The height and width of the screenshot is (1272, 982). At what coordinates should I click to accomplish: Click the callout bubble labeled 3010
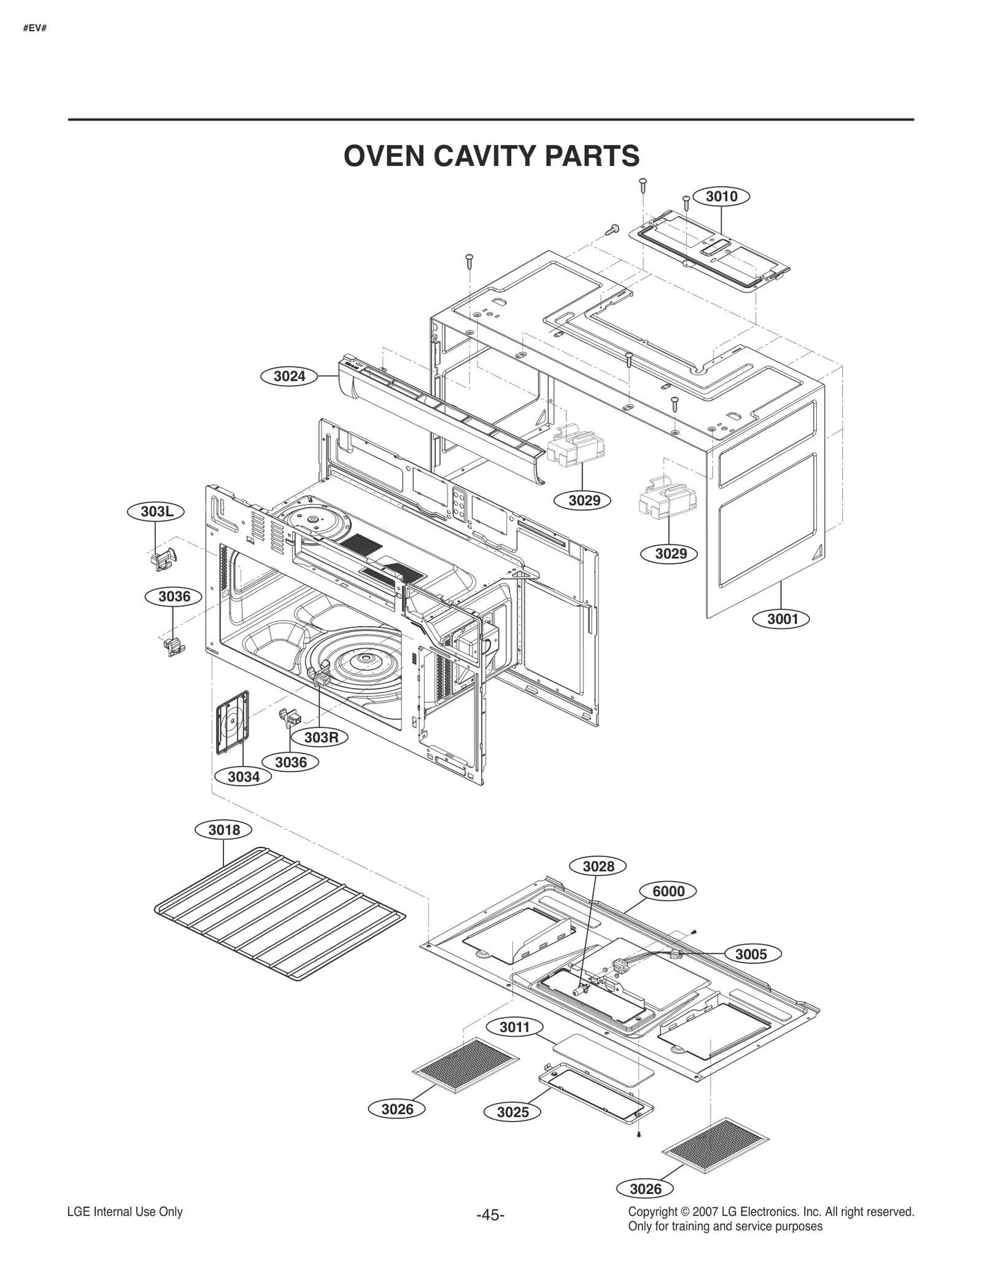721,197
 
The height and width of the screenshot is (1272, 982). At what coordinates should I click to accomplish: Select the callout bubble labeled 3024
289,376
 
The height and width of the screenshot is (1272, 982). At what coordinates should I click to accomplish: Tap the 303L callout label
155,512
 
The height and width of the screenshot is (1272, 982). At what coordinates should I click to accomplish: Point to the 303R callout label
322,737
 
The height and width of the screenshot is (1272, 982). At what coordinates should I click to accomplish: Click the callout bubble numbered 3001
783,618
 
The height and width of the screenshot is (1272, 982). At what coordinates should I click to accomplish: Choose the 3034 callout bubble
244,777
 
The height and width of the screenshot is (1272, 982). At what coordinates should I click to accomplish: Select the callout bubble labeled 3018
223,830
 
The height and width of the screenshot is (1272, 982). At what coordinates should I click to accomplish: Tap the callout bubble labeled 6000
668,891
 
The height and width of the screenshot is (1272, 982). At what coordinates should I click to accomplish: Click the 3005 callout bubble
751,954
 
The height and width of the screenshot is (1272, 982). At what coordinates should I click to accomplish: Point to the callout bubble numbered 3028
598,866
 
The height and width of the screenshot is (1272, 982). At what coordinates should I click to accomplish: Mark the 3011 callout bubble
514,1027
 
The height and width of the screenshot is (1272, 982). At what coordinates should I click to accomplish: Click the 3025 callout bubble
512,1112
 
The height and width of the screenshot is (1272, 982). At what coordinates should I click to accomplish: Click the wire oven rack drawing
279,915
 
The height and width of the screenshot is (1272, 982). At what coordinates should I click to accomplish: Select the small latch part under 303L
163,559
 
